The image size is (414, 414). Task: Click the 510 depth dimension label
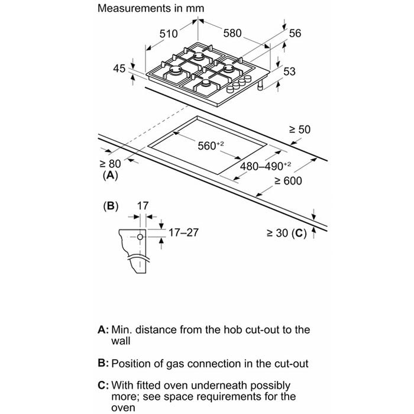(169, 34)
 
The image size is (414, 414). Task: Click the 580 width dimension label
(232, 33)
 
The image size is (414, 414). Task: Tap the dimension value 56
(295, 33)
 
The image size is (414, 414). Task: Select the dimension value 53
(290, 72)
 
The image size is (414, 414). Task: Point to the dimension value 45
(119, 69)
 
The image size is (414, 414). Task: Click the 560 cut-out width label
(211, 145)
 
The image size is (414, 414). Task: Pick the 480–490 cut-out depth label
(266, 166)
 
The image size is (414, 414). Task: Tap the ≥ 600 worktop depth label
(288, 181)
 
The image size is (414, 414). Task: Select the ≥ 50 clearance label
(300, 130)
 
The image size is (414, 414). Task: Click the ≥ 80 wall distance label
(110, 164)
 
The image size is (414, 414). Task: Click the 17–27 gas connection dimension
(183, 232)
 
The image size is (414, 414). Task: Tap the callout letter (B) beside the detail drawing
(111, 206)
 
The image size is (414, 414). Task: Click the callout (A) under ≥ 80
(110, 175)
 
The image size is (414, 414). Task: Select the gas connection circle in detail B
(140, 237)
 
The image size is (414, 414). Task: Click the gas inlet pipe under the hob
(261, 85)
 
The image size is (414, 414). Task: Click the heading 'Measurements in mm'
(151, 8)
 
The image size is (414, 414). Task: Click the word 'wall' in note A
(121, 341)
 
